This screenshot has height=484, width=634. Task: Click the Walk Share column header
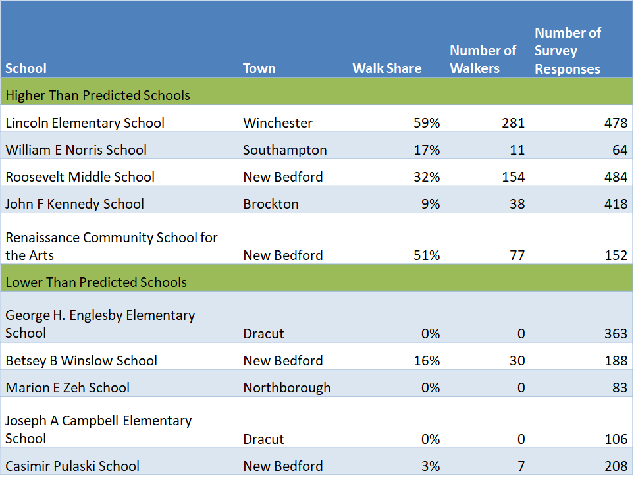click(386, 68)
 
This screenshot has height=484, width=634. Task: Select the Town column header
click(259, 68)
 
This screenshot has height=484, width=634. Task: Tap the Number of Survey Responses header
click(568, 51)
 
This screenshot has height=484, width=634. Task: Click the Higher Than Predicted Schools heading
click(97, 95)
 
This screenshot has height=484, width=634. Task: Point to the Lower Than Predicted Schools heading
click(96, 282)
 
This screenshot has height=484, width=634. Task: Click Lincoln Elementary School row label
click(85, 123)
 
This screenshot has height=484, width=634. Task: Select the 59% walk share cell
click(427, 123)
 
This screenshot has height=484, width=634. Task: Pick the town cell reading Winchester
click(277, 123)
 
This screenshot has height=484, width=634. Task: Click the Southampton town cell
click(284, 150)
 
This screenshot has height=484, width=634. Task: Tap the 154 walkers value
click(513, 177)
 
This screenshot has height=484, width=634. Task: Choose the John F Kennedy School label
click(74, 204)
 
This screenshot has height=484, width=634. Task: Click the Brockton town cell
click(271, 204)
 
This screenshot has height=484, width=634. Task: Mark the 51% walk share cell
click(427, 255)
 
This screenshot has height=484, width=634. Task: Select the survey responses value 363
click(616, 334)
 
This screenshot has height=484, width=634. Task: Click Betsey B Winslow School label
click(81, 361)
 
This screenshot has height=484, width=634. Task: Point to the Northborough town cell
click(286, 388)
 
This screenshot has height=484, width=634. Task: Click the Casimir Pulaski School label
click(72, 466)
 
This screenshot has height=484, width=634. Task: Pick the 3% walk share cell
click(431, 466)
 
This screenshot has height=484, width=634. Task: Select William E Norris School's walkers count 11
click(517, 150)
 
